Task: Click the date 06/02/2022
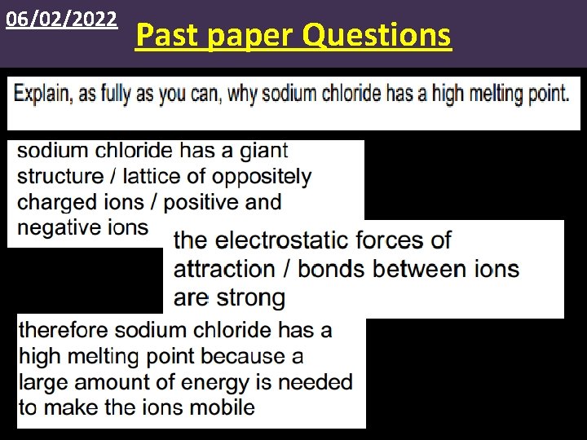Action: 62,19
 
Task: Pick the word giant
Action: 264,152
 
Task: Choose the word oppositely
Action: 262,177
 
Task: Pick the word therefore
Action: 63,330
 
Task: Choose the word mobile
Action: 220,407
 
